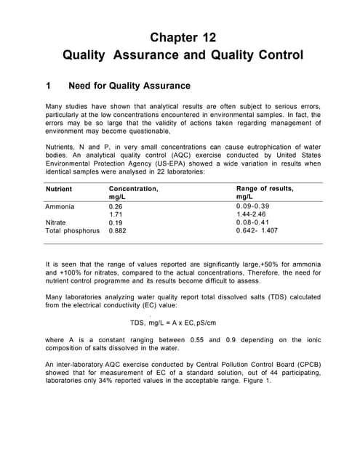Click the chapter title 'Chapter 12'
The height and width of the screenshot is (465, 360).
pos(183,37)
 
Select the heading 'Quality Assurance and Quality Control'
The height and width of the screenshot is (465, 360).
pos(183,55)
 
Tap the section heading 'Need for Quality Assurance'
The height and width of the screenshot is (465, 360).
pos(128,86)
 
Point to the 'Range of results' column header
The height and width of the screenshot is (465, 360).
pos(265,193)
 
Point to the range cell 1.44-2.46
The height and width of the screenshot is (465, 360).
pos(255,214)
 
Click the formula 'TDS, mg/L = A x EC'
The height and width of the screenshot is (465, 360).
pos(173,323)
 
